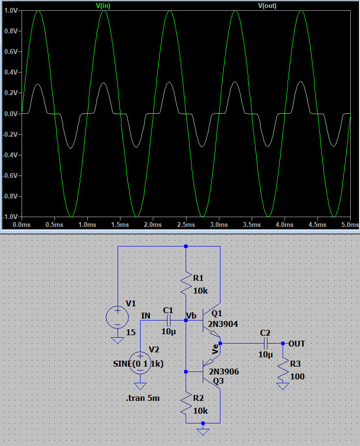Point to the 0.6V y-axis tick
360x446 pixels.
(10, 51)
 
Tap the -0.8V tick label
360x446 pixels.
(9, 196)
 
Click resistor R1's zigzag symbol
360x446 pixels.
(186, 284)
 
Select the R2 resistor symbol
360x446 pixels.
(186, 404)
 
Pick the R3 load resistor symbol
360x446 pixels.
(283, 370)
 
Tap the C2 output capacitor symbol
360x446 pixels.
(265, 343)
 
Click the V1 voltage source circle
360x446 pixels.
(118, 317)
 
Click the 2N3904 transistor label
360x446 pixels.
(223, 323)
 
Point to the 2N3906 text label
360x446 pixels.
(223, 372)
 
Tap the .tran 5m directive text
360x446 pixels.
(143, 398)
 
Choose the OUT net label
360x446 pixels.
(297, 344)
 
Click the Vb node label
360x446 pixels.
(192, 316)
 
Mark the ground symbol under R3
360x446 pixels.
(283, 386)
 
